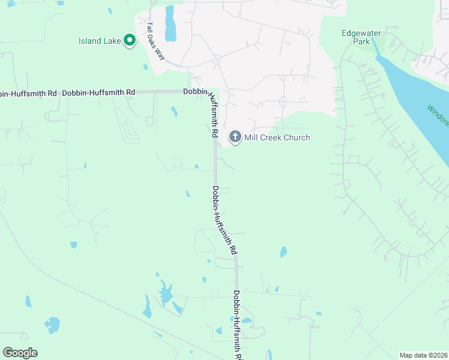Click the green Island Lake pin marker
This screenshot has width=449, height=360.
130,41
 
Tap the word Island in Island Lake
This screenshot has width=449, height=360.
90,41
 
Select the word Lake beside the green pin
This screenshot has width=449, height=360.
112,41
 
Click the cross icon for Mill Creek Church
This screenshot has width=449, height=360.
235,137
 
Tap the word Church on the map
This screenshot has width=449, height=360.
297,138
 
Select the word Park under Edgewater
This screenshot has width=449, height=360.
361,42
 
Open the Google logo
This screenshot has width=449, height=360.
20,353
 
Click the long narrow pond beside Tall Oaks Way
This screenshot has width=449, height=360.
170,24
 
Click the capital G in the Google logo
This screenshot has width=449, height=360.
8,353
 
